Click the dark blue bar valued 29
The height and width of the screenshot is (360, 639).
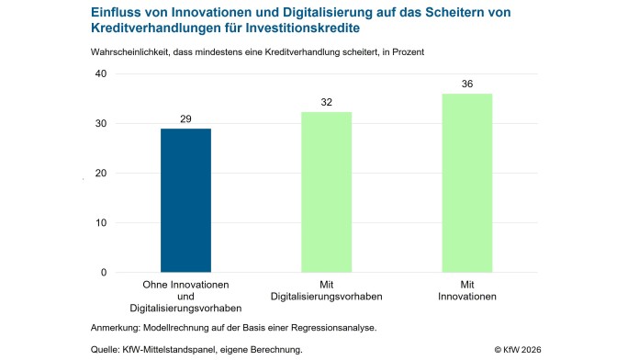click(x=185, y=200)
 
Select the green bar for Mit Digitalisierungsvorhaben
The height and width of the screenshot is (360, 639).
click(x=326, y=192)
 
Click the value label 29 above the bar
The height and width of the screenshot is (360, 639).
click(x=185, y=119)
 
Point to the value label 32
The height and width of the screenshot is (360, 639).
click(x=326, y=103)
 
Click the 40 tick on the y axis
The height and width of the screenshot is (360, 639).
click(x=100, y=74)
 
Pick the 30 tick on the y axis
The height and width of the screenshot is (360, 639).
click(x=100, y=124)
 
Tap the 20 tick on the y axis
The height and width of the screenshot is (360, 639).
click(x=100, y=174)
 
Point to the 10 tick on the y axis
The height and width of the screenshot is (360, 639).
click(x=100, y=223)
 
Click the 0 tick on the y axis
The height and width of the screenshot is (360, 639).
click(x=103, y=273)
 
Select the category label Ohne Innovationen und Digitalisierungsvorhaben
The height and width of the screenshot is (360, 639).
click(x=185, y=297)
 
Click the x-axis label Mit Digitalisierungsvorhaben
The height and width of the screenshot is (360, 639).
click(x=326, y=291)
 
